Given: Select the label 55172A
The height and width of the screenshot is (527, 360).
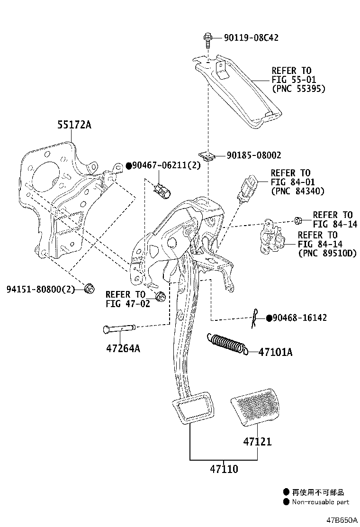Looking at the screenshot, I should pyautogui.click(x=74, y=125).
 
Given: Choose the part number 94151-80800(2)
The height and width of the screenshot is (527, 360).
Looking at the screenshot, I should pyautogui.click(x=41, y=289).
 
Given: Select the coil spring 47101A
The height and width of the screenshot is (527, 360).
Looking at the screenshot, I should pyautogui.click(x=227, y=344).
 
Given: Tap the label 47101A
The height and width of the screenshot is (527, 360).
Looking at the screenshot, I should pyautogui.click(x=276, y=352).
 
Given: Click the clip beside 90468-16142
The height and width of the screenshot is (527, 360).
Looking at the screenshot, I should pyautogui.click(x=256, y=319).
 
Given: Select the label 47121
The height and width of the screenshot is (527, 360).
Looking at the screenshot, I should pyautogui.click(x=258, y=442).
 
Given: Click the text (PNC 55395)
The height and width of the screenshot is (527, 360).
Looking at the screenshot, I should pyautogui.click(x=298, y=89).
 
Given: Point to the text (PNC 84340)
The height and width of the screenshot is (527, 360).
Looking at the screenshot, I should pyautogui.click(x=297, y=191).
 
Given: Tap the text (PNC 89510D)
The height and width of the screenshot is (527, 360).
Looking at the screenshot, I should pyautogui.click(x=326, y=254).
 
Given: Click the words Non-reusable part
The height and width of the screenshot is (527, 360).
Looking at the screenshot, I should pyautogui.click(x=320, y=502).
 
